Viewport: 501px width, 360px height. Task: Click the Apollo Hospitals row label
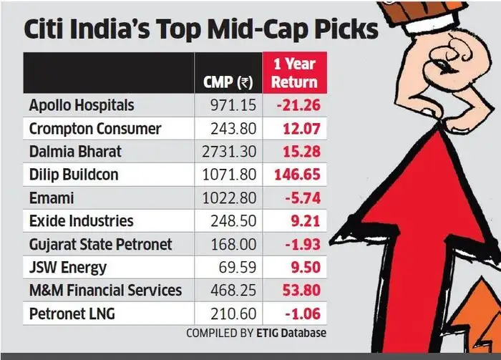[81, 105]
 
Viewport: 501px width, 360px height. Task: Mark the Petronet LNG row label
[72, 313]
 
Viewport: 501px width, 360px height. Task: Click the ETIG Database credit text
[292, 333]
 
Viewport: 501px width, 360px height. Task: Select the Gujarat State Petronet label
[100, 244]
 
